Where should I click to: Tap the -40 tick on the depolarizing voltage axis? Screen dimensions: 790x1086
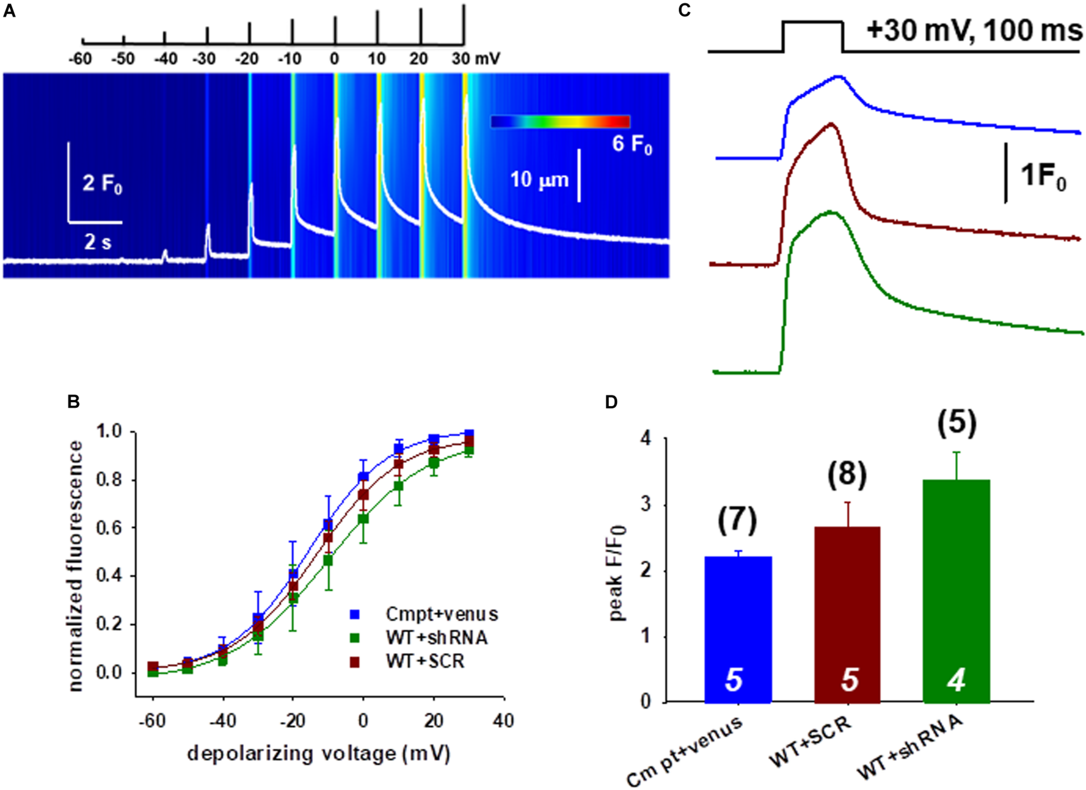(223, 721)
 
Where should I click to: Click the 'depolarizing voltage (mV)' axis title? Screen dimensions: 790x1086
(318, 754)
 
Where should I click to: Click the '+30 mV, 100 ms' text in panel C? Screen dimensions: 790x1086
(973, 32)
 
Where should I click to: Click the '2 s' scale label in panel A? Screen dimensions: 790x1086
(98, 243)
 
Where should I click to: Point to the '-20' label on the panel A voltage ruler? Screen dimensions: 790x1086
(247, 59)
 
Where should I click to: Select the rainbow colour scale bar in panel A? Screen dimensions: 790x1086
(560, 121)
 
